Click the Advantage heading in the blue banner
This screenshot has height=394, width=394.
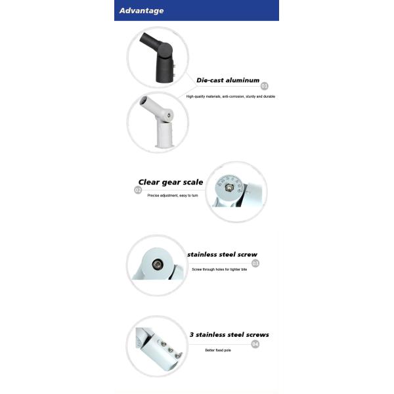142,11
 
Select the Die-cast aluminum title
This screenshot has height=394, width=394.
228,80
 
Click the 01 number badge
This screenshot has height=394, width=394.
265,86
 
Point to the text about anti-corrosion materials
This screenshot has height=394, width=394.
230,97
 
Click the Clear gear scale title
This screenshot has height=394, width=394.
171,182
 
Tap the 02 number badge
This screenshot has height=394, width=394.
138,190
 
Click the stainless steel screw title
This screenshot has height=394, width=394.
222,254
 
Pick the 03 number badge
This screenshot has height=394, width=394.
255,263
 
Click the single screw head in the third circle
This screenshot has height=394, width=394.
158,264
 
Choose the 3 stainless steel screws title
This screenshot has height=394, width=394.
229,335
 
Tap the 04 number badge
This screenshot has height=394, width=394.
255,343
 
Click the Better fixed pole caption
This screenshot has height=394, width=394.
218,350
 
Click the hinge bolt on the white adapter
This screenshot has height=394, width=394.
169,116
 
